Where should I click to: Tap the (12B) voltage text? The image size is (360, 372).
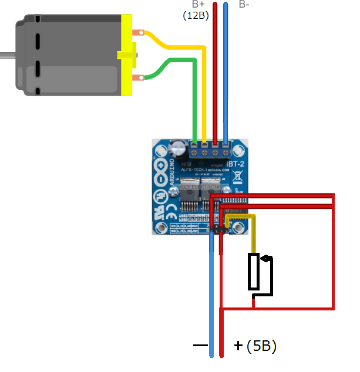(196, 15)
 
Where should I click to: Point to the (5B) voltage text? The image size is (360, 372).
(261, 346)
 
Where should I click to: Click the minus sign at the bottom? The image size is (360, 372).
(200, 346)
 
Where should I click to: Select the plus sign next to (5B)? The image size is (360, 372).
(237, 346)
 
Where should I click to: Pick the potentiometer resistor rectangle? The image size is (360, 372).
(254, 271)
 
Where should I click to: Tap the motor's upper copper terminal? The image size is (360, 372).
(139, 33)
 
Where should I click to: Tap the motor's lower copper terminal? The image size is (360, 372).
(139, 77)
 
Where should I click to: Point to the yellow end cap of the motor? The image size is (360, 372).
(127, 55)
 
